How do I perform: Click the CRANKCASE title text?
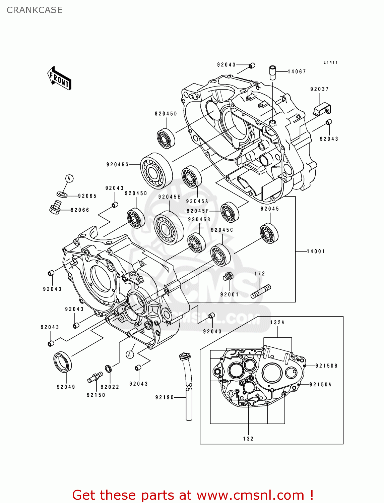[35, 10]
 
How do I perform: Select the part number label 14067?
[297, 71]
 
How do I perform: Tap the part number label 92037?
[319, 89]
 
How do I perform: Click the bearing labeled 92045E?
[169, 228]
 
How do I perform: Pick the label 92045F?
[198, 211]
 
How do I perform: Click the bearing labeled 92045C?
[220, 255]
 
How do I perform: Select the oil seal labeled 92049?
[63, 362]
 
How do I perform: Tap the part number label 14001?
[316, 251]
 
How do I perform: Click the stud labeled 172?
[261, 291]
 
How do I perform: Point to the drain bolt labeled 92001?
[228, 277]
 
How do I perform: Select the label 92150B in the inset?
[326, 366]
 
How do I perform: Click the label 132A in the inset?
[277, 323]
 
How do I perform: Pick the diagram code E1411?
[330, 62]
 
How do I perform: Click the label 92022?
[110, 387]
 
